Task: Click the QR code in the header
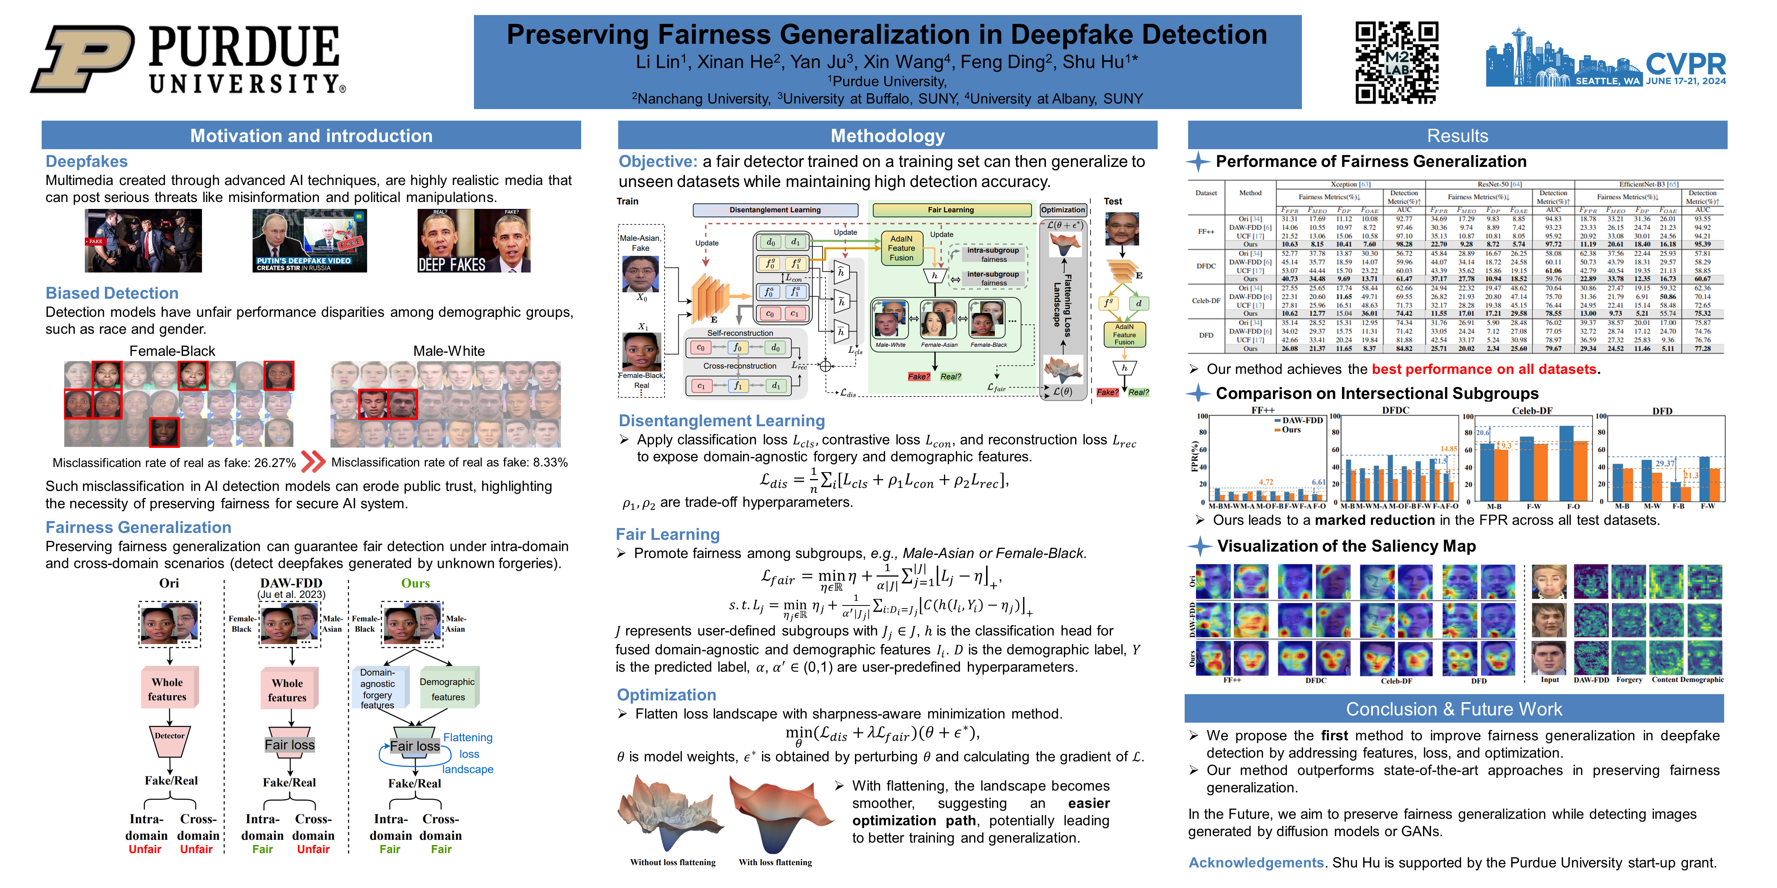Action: (1396, 62)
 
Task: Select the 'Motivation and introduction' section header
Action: (311, 136)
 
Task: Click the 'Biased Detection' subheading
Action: (112, 293)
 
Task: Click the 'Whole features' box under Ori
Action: (168, 689)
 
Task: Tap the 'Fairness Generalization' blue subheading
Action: (138, 527)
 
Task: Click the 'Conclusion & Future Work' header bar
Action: (1453, 709)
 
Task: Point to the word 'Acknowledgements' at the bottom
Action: (1256, 863)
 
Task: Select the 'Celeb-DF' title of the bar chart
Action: (1532, 411)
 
